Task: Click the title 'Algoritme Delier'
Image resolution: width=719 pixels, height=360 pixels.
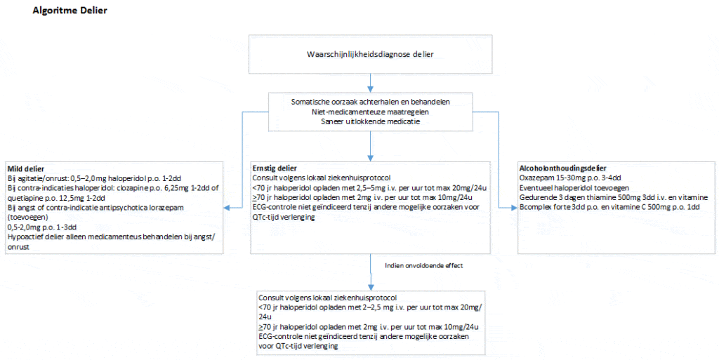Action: point(70,12)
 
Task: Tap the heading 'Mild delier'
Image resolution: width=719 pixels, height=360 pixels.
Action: point(25,169)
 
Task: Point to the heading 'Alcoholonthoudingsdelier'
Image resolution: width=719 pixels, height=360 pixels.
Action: point(562,169)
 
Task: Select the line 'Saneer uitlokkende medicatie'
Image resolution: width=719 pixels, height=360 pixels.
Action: point(370,121)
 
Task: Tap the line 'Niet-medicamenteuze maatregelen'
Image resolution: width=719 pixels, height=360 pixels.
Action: point(370,112)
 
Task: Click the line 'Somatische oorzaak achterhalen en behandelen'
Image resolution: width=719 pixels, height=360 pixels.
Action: point(370,102)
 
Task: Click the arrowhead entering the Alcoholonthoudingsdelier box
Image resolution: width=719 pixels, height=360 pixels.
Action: point(514,208)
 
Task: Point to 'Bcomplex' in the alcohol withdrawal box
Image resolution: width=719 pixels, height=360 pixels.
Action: point(536,208)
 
